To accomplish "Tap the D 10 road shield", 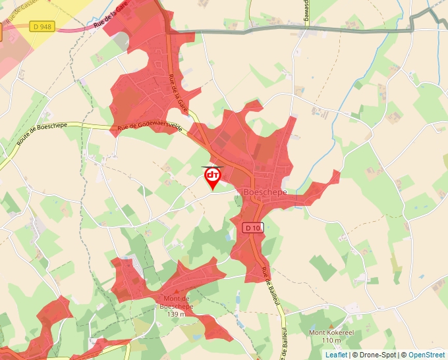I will [x=253, y=228].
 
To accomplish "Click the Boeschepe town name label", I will [x=266, y=191].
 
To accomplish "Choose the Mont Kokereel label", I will [x=331, y=332].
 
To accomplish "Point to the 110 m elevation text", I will [x=331, y=341].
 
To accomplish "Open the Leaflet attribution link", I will [x=336, y=355].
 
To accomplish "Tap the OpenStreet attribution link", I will [x=426, y=355].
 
